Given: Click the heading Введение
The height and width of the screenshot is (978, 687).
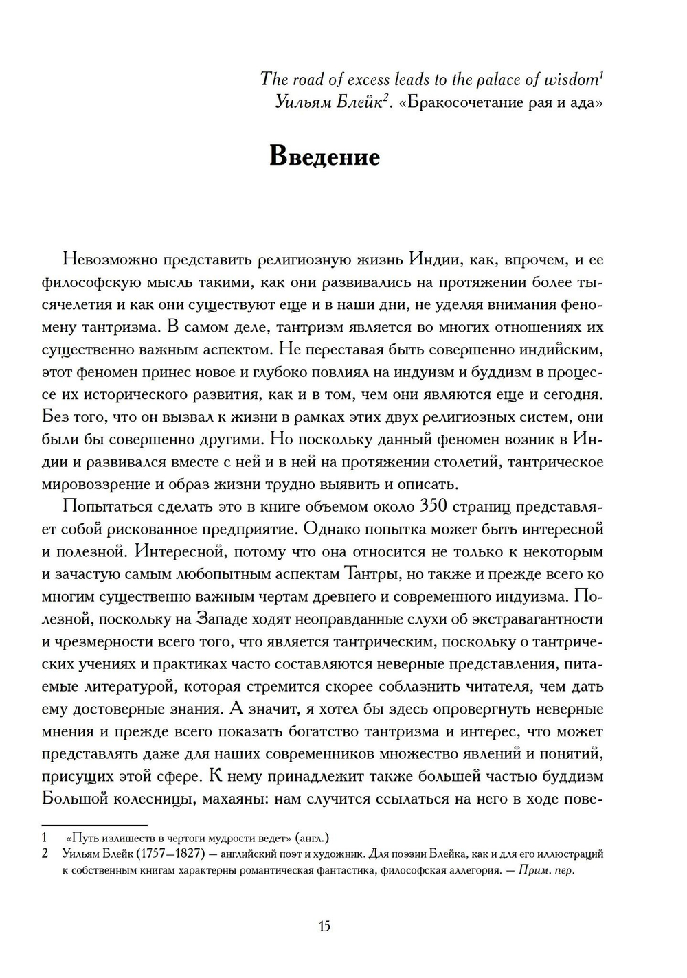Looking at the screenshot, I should [x=324, y=157].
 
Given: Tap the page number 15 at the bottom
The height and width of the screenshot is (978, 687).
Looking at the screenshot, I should [x=324, y=926].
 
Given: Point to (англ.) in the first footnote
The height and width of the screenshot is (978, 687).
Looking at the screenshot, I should [x=312, y=838].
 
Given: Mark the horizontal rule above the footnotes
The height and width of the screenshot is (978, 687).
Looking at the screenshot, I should [x=94, y=825].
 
